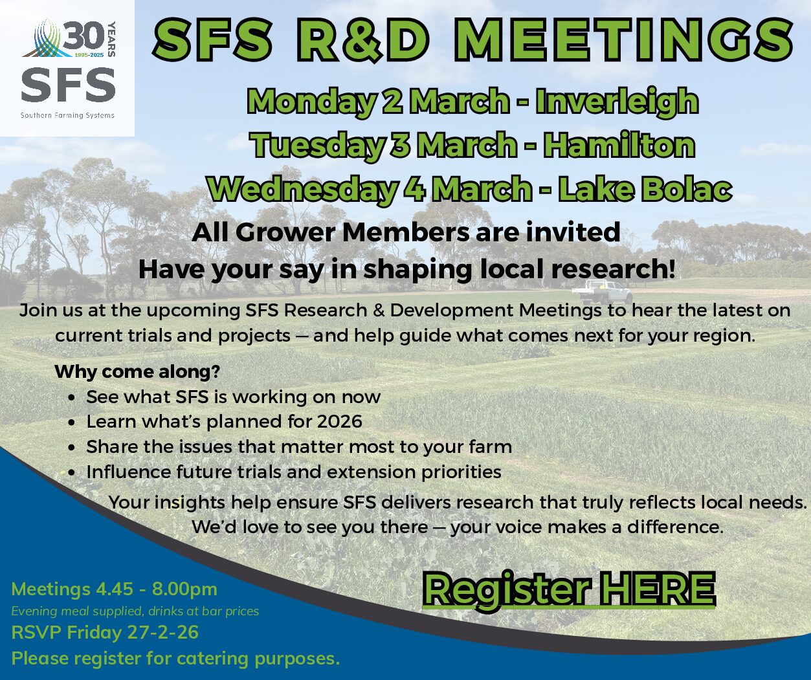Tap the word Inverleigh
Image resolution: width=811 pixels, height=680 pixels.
pyautogui.click(x=617, y=102)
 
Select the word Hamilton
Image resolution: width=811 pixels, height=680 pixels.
pyautogui.click(x=619, y=145)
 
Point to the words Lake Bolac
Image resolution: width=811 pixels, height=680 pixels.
pyautogui.click(x=645, y=189)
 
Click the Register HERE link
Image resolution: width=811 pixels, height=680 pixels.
pyautogui.click(x=569, y=589)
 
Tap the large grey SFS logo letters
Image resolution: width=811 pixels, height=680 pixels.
pyautogui.click(x=68, y=85)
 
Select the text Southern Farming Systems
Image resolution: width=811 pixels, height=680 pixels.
pyautogui.click(x=67, y=116)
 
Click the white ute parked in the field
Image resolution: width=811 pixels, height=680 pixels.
pyautogui.click(x=601, y=292)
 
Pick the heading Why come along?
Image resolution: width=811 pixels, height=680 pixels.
pyautogui.click(x=137, y=372)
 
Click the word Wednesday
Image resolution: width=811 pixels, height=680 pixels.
pyautogui.click(x=302, y=189)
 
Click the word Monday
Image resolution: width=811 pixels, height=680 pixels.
pyautogui.click(x=313, y=102)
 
